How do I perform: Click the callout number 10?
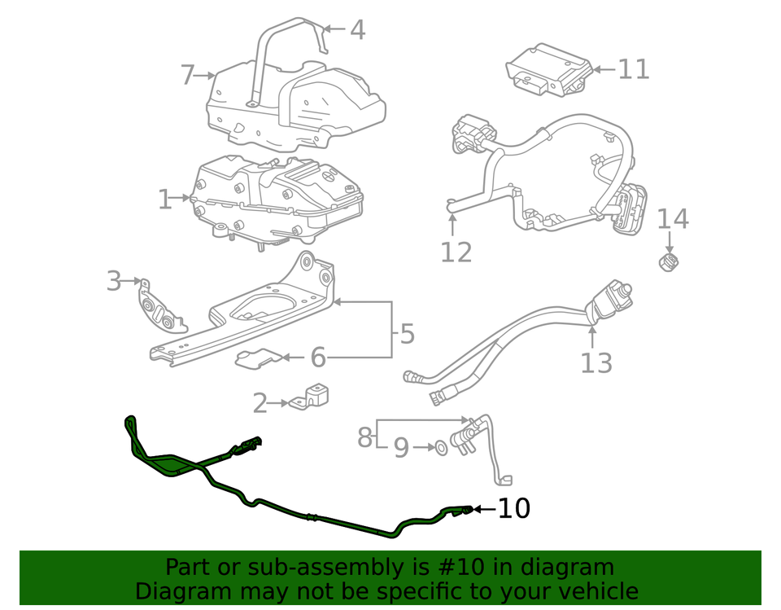coord(513,509)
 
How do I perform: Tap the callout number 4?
coord(357,31)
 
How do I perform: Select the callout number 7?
coord(188,76)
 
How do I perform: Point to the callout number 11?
coord(634,69)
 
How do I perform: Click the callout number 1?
coord(164,199)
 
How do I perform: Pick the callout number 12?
coord(456,252)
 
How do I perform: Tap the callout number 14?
coord(672,219)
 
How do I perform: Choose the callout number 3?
coord(113,282)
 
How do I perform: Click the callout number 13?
coord(596,362)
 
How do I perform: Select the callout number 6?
coord(317,357)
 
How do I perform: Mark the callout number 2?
coord(260,402)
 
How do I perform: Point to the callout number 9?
coord(401,448)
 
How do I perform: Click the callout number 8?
coord(364,437)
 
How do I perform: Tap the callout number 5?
coord(407,333)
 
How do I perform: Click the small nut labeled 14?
coord(669,262)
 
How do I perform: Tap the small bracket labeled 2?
coord(310,397)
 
